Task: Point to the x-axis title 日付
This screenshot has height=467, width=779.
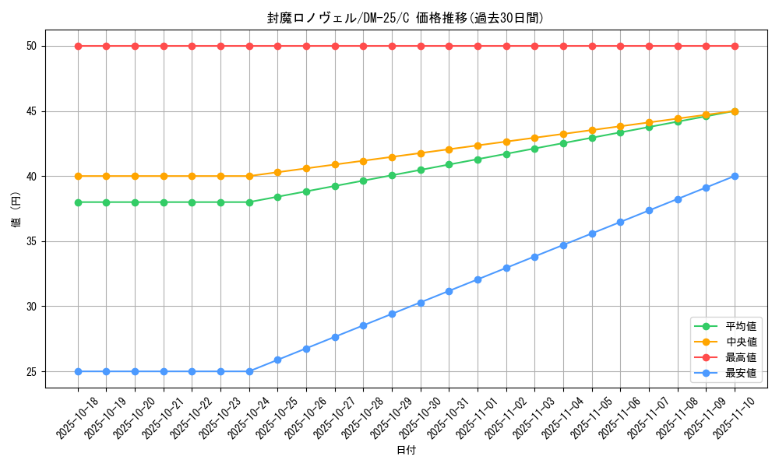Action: coord(406,451)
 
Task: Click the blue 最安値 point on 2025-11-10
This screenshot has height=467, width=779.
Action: coord(735,176)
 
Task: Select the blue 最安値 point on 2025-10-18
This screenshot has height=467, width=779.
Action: coord(78,371)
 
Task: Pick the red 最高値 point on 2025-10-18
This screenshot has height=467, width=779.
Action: coord(78,46)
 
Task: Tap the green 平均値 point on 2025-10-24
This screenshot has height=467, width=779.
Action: coord(249,202)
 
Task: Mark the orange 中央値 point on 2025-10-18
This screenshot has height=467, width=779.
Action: coord(78,176)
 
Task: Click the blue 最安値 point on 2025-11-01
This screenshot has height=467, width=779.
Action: coord(478,279)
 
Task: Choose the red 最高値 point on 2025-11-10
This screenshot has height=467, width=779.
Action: coord(735,46)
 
